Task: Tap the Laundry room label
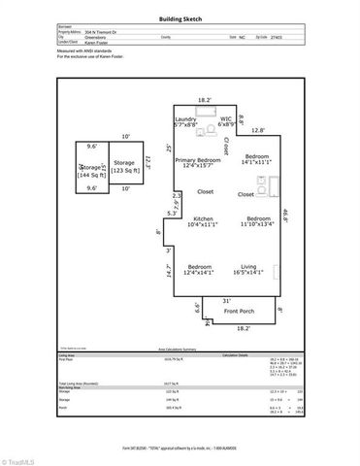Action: pos(184,122)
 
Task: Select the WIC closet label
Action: pos(227,122)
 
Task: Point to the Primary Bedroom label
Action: pos(198,162)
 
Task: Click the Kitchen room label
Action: pos(203,221)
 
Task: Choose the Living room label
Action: pos(256,269)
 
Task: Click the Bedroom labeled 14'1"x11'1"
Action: pos(256,159)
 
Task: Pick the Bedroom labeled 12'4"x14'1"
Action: pos(199,269)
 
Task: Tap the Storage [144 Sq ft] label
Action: pos(94,170)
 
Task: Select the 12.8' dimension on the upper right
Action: pos(257,130)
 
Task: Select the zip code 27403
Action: pos(287,37)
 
